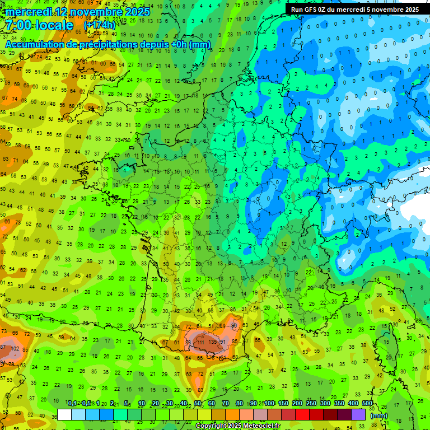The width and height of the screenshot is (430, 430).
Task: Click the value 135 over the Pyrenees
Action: (212, 342)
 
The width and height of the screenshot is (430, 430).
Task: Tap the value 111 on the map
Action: (200, 342)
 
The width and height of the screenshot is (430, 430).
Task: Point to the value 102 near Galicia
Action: (15, 348)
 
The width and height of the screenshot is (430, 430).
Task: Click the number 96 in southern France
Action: (234, 325)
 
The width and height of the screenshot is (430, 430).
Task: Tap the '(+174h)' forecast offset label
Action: (99, 26)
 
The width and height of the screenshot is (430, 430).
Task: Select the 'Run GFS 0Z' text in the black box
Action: (309, 10)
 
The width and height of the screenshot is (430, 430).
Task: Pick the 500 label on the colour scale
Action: (367, 404)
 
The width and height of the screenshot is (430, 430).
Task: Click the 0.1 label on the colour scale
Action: (72, 404)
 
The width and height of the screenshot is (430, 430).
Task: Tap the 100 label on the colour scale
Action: (269, 404)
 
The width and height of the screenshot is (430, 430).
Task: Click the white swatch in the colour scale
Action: (64, 414)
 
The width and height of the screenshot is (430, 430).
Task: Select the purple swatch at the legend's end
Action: (358, 414)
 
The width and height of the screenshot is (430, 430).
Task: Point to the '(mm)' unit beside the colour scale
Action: (379, 415)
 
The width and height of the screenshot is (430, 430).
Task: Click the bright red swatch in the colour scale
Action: (302, 414)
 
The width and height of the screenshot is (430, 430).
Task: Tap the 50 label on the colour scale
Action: (197, 404)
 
